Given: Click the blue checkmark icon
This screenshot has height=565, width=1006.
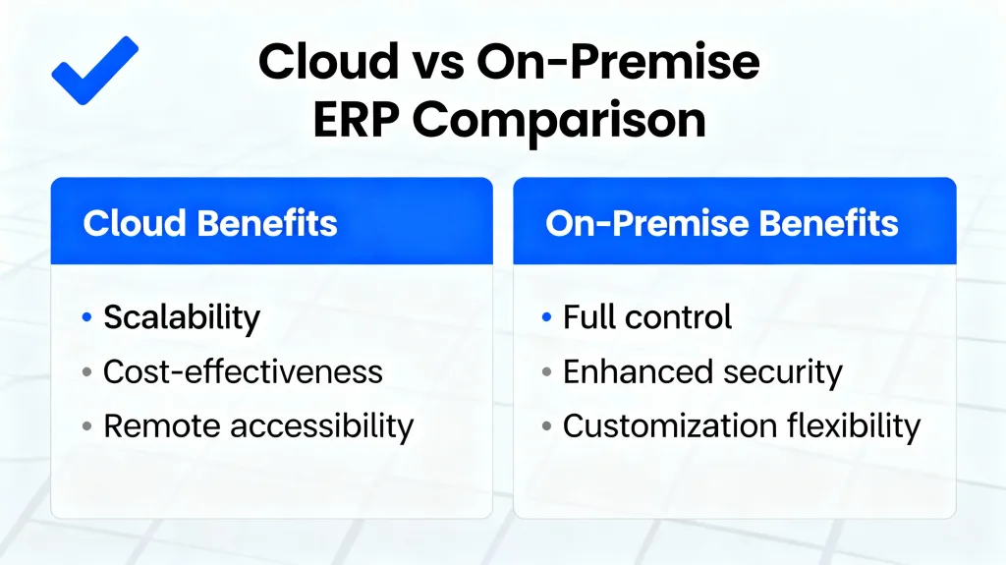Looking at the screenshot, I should point(94,70).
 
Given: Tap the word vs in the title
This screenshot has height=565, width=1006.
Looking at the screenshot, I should point(433,63).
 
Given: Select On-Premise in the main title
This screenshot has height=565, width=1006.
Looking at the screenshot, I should point(618,63).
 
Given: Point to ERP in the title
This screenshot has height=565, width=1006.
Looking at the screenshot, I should point(355,121).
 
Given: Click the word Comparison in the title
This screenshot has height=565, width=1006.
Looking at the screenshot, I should point(558,121).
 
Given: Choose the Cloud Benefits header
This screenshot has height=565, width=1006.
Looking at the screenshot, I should point(210,223).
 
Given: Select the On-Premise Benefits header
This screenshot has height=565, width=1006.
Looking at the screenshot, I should point(722,223).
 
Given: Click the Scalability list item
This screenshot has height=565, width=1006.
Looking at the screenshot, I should point(182,317).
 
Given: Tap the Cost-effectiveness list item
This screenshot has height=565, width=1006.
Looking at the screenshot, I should point(243,371).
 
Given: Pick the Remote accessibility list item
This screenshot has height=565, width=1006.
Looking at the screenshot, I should point(258,425).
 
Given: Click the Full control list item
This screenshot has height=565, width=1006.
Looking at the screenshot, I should point(647,317).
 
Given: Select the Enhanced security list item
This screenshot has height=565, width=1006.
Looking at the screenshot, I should point(702,371).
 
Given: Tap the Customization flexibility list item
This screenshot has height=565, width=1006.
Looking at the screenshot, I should point(742,425).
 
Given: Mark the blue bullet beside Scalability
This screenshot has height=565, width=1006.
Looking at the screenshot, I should point(86,318).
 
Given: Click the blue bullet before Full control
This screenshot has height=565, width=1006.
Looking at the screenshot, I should point(547,318).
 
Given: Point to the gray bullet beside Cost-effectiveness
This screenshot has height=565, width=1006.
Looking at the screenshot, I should point(86,372).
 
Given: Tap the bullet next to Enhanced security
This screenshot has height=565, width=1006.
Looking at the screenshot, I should point(547,372).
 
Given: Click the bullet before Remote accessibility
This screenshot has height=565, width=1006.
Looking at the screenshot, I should point(86,426).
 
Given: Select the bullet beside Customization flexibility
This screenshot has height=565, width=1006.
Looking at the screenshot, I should point(547,426).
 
